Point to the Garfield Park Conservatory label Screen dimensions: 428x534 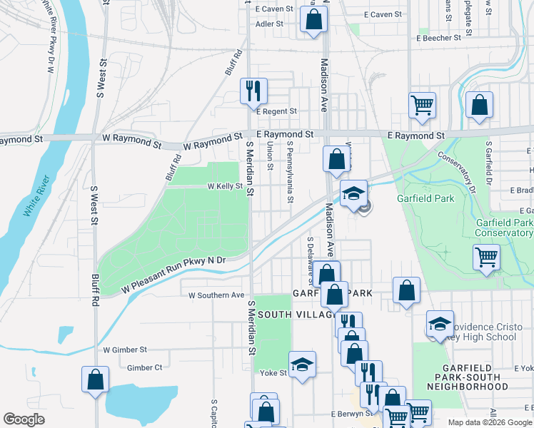click(x=504, y=228)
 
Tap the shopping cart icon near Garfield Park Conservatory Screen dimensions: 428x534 click(x=486, y=256)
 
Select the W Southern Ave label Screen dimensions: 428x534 click(x=216, y=295)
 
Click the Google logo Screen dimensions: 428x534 click(x=24, y=419)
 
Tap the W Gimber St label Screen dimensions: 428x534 click(x=125, y=350)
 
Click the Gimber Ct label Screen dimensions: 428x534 click(x=145, y=368)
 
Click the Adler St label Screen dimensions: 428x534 click(x=270, y=24)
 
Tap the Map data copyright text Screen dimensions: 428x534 click(x=489, y=422)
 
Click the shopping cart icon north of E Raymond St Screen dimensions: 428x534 click(x=422, y=105)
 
